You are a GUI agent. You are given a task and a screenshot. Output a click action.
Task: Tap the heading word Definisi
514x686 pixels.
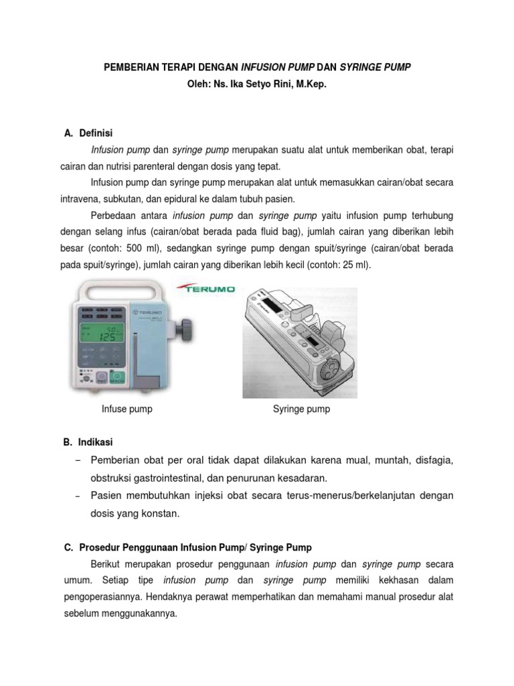click(100, 133)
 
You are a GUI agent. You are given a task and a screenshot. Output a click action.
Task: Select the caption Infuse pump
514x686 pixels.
click(126, 409)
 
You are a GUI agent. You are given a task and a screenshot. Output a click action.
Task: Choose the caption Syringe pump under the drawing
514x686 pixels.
click(301, 409)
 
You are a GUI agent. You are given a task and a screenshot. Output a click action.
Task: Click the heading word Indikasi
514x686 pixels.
click(96, 443)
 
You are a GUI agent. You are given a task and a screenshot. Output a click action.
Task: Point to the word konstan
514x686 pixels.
click(165, 513)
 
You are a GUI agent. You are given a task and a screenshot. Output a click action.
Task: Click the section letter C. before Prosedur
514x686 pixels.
click(68, 547)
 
